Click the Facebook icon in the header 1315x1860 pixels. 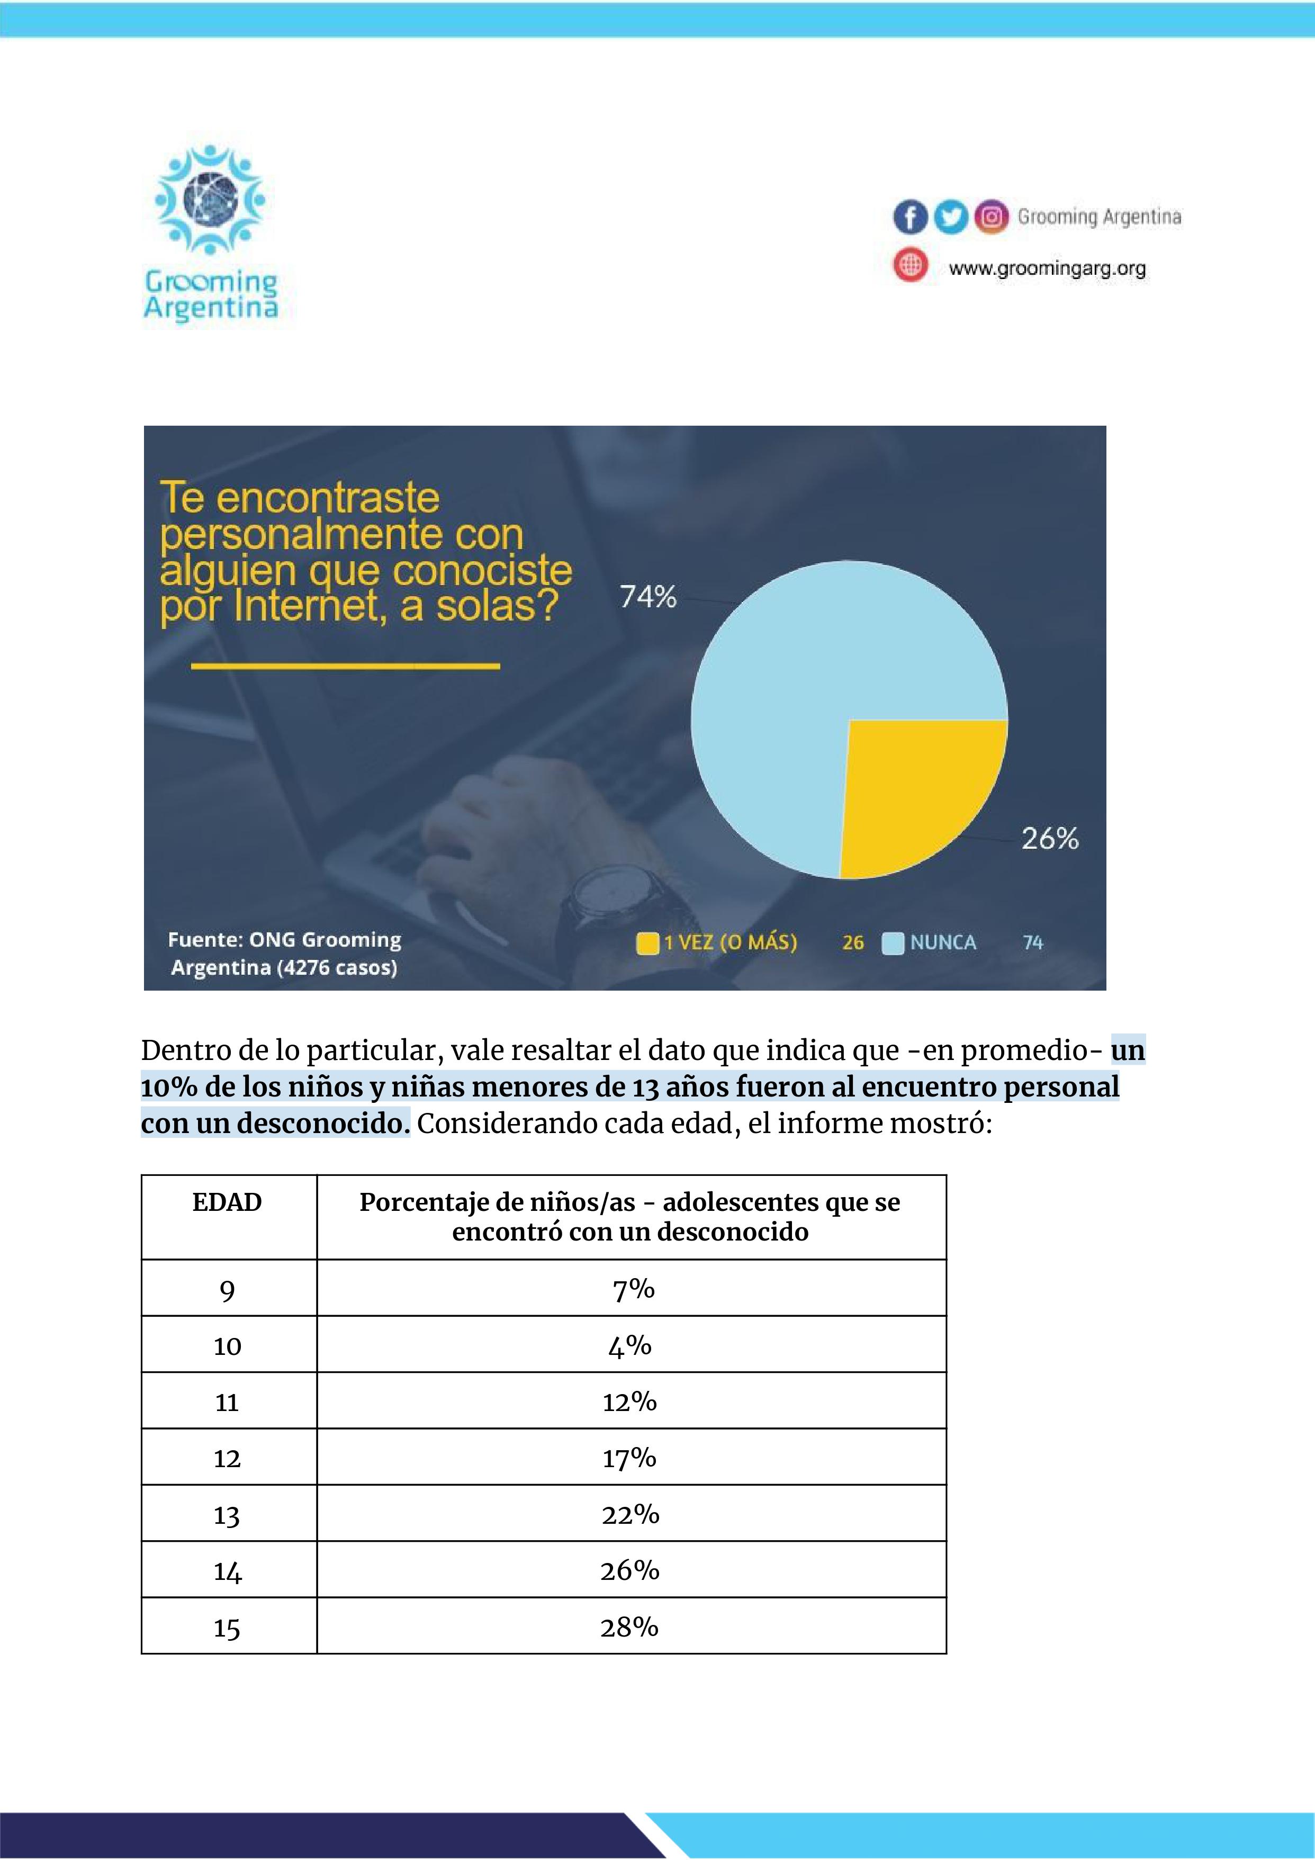click(x=910, y=217)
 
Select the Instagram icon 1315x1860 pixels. click(x=991, y=217)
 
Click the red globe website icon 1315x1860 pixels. click(x=910, y=265)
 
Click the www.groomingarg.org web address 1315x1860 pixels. click(x=1047, y=268)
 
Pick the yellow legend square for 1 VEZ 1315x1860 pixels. click(x=647, y=944)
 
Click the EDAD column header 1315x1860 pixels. click(x=227, y=1202)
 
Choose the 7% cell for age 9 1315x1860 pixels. click(x=633, y=1289)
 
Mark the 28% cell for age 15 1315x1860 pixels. click(x=629, y=1627)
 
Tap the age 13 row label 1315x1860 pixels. click(x=227, y=1515)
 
